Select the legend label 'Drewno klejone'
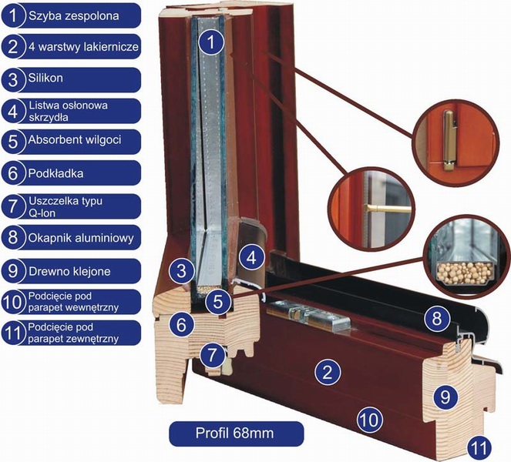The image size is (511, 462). point(66,269)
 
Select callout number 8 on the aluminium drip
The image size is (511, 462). point(437,317)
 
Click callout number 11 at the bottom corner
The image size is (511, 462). point(479,445)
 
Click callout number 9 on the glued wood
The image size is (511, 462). point(445,397)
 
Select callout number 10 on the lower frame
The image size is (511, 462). point(368,420)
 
